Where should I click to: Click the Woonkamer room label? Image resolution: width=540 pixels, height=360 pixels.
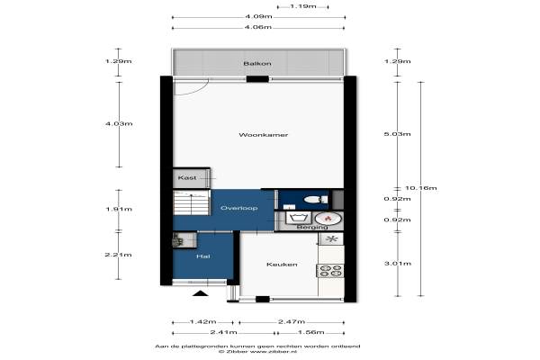coord(263,135)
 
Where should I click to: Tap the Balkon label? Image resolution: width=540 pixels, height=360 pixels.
coord(257,63)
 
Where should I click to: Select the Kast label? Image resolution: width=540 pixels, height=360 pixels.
coord(187,178)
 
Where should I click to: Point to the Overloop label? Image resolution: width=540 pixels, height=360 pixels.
coord(239,208)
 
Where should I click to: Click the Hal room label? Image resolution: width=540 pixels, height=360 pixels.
coord(203,256)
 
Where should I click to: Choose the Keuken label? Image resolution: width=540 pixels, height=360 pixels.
coord(282,265)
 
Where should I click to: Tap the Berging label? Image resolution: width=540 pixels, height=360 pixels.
coord(312,228)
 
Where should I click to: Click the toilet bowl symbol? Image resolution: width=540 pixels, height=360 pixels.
coord(316,200)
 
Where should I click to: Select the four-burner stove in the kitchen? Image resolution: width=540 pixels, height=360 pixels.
coord(330,271)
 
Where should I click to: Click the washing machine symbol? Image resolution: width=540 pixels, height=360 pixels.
coord(299,218)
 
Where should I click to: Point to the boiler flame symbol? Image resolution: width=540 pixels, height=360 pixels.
coord(328,218)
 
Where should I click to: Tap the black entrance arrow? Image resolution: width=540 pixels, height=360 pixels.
coord(201,293)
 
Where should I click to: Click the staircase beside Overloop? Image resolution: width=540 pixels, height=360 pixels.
coord(192,202)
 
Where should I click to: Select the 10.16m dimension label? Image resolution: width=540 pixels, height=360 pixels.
coord(421,188)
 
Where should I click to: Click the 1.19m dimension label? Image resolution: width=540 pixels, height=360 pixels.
coord(303,6)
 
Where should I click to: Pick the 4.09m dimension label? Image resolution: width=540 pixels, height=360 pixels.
coord(258,16)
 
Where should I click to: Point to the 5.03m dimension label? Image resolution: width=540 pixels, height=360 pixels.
coord(398,134)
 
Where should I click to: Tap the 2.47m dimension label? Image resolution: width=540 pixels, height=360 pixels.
coord(292,322)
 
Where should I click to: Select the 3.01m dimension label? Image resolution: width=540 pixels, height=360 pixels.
coord(398,264)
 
